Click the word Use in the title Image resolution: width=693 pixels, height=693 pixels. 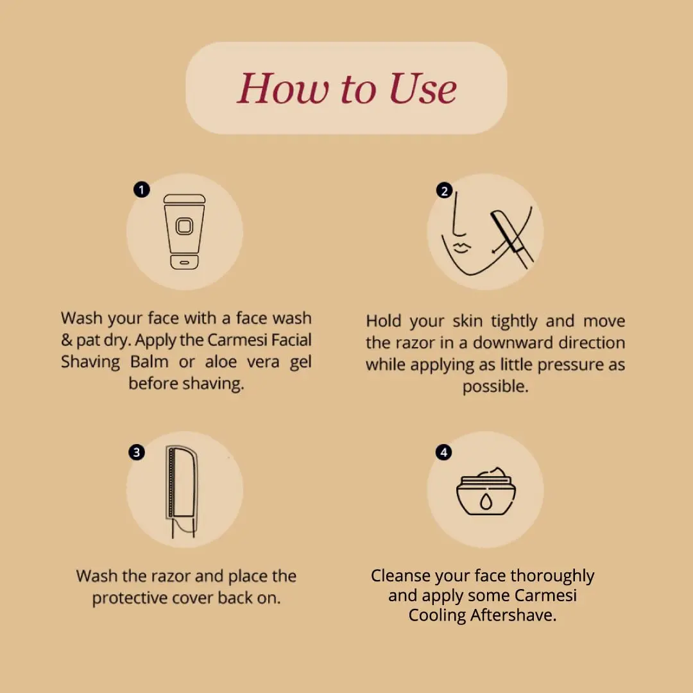[423, 89]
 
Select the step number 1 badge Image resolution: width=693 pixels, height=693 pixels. [141, 190]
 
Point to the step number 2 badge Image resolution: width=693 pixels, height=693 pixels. [443, 191]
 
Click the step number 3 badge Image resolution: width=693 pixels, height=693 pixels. [136, 452]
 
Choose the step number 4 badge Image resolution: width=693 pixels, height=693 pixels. [443, 452]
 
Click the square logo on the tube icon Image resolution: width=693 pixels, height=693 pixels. [184, 227]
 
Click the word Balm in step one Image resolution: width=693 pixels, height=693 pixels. [149, 362]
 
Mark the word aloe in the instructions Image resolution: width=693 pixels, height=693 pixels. [221, 362]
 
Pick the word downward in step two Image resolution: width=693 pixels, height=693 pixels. [508, 343]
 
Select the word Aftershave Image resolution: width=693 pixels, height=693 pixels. [513, 615]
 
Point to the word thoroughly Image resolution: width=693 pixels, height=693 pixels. [552, 576]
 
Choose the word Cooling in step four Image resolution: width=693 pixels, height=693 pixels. [437, 615]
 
